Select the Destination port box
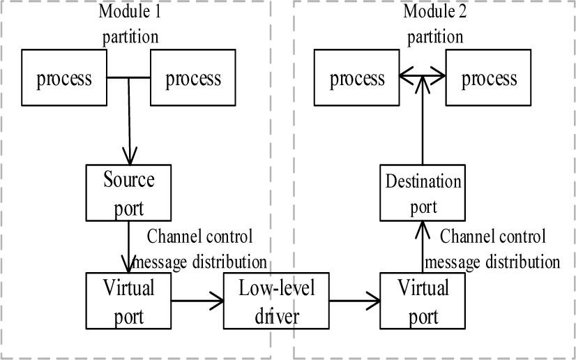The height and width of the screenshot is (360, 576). pyautogui.click(x=423, y=193)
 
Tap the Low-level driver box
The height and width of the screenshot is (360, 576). pyautogui.click(x=276, y=301)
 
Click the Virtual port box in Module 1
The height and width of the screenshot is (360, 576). pyautogui.click(x=128, y=301)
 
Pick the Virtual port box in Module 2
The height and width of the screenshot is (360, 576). pyautogui.click(x=423, y=301)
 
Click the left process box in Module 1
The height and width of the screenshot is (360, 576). pyautogui.click(x=64, y=77)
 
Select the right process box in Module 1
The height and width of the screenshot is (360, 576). pyautogui.click(x=193, y=77)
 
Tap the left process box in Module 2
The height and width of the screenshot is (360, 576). pyautogui.click(x=357, y=78)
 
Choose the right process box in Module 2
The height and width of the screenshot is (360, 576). pyautogui.click(x=489, y=78)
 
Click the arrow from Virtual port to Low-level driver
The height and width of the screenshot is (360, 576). pyautogui.click(x=197, y=301)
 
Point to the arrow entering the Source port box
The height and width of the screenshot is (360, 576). pyautogui.click(x=129, y=126)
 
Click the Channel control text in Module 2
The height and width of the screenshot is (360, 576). pyautogui.click(x=494, y=236)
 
